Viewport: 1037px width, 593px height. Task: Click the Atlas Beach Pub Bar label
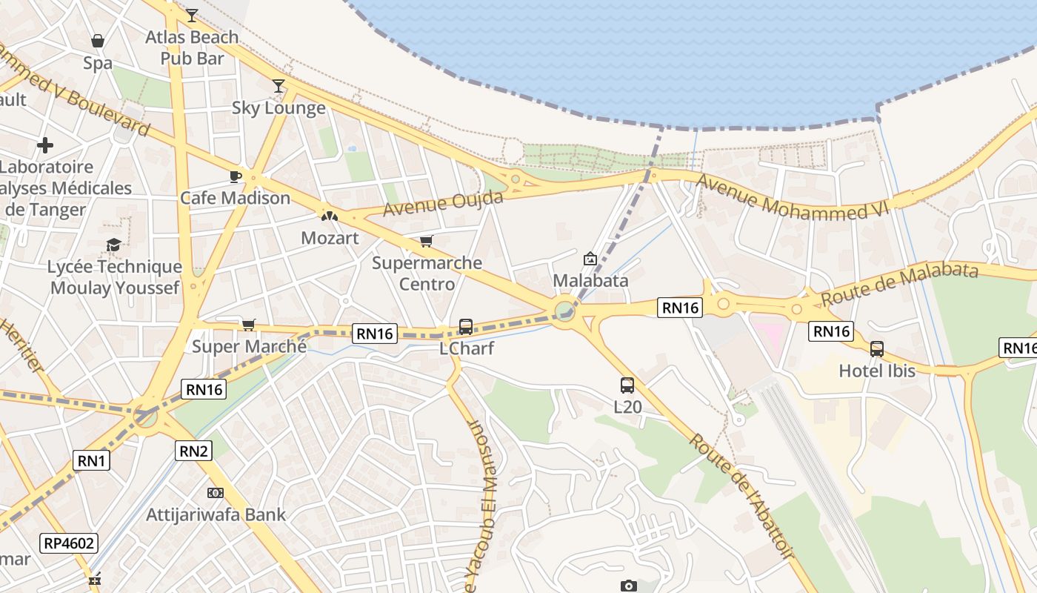[192, 47]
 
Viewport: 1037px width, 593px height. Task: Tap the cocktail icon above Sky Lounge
[279, 86]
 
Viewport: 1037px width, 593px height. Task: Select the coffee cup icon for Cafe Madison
[235, 176]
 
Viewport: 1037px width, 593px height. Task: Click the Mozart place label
[330, 238]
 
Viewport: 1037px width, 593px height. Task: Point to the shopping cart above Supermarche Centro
[426, 242]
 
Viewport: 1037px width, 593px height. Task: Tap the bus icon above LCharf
[466, 326]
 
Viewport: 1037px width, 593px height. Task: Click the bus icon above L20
[627, 385]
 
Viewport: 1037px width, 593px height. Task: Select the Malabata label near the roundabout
[591, 281]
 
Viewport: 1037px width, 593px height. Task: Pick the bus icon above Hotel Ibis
[877, 348]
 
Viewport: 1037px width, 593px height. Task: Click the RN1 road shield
[92, 461]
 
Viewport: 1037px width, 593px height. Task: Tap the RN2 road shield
[193, 450]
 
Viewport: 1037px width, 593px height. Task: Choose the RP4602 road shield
[70, 543]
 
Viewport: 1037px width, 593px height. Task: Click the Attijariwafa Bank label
[216, 514]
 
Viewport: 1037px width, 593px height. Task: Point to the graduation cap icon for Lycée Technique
[113, 245]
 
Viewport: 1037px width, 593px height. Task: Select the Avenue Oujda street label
[443, 203]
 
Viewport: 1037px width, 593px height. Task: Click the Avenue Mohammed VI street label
[791, 198]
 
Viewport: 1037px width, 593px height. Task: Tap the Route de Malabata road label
[899, 285]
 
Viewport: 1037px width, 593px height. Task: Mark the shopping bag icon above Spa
[97, 41]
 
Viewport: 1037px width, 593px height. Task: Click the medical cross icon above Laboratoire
[45, 145]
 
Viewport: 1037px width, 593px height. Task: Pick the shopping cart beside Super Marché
[249, 325]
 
